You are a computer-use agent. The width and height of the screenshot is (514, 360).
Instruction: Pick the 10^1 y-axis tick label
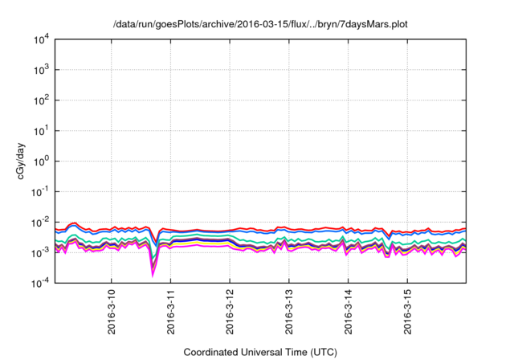(42, 130)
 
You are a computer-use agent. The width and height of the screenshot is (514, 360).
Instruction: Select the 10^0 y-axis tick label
(42, 161)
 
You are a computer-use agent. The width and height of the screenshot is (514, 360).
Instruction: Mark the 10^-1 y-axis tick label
(42, 191)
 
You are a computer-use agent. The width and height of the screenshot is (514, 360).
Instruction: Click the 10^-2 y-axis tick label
(42, 222)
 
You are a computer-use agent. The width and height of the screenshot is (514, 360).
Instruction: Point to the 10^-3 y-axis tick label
(42, 252)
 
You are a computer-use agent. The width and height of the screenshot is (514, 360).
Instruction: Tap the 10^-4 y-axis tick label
(42, 283)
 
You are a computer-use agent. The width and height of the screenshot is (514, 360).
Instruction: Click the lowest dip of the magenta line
(153, 275)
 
